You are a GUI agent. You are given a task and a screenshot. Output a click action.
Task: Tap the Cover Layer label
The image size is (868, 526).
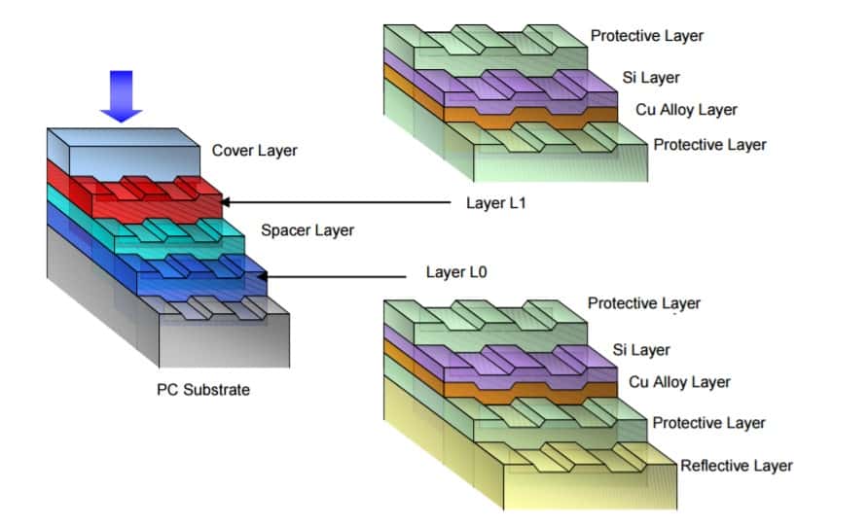tap(254, 151)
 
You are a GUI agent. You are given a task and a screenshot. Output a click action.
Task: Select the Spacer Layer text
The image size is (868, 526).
tap(307, 230)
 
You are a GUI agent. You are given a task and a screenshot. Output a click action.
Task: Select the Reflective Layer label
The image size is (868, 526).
tap(737, 465)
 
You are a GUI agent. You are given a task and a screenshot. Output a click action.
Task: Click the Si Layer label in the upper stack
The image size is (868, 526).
tap(651, 77)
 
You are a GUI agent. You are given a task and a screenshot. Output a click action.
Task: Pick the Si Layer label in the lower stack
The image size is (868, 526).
tap(638, 349)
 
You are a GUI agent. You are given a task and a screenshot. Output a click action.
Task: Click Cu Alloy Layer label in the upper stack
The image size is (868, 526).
tap(686, 110)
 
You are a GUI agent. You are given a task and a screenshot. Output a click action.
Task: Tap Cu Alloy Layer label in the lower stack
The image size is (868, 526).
tap(679, 382)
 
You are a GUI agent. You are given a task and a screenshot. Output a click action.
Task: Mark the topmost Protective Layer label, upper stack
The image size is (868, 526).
tap(647, 36)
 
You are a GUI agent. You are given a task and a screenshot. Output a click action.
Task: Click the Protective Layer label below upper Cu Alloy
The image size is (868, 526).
tap(709, 145)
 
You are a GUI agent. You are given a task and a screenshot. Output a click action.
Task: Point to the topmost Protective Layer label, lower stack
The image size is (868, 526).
tap(644, 303)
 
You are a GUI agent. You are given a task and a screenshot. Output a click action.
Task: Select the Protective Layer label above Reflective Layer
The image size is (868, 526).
tap(708, 423)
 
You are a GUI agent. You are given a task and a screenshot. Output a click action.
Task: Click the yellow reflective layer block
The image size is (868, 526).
tap(584, 481)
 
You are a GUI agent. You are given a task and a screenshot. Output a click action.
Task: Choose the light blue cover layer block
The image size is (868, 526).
tap(146, 156)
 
